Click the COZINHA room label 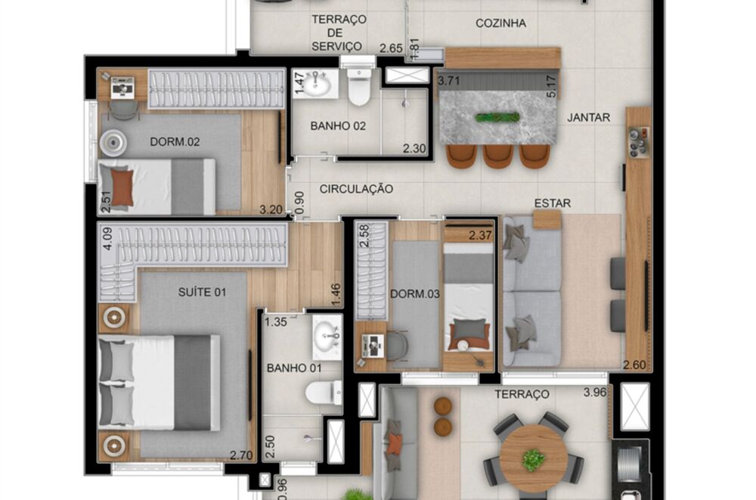(500, 23)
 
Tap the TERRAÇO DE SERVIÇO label (338, 33)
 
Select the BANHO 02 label (338, 126)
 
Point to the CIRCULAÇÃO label (355, 189)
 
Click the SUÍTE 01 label (202, 292)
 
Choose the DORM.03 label (411, 293)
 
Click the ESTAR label (553, 203)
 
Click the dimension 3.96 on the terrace (595, 393)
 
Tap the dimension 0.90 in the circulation (299, 201)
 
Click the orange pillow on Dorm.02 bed (122, 187)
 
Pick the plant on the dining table (497, 117)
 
